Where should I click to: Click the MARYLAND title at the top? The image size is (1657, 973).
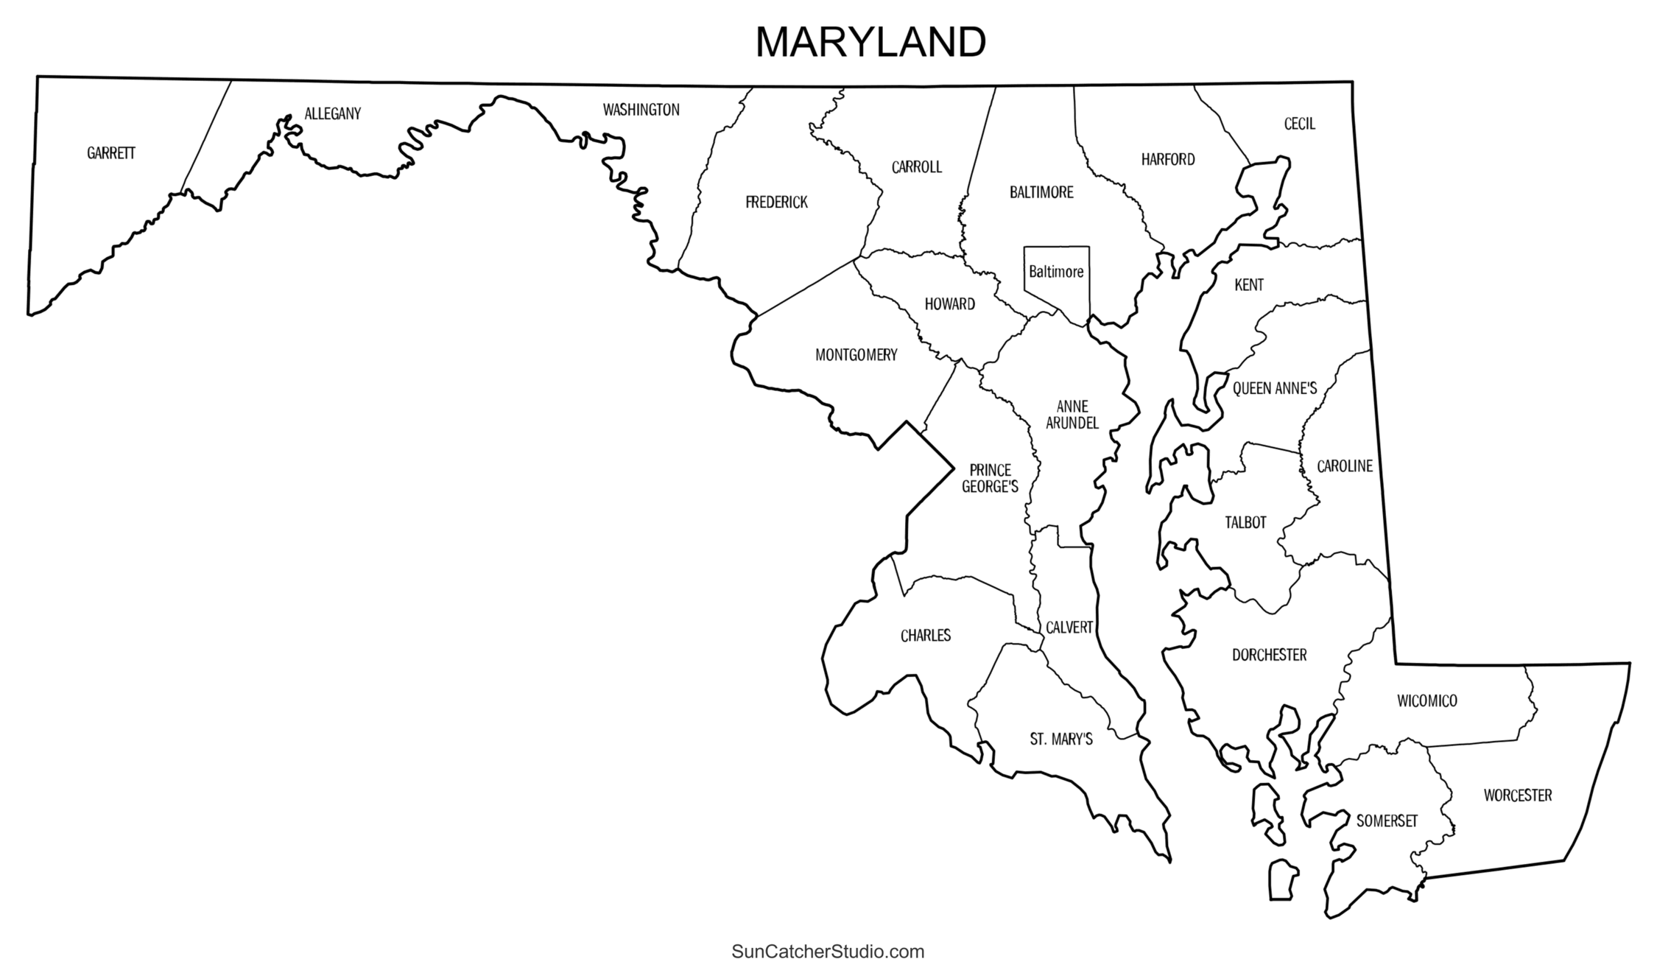pos(870,42)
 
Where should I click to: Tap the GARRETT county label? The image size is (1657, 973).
pos(111,153)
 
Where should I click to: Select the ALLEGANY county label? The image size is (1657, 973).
pos(333,113)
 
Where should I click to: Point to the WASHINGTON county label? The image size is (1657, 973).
pos(641,110)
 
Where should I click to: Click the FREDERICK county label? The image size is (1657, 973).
pos(776,202)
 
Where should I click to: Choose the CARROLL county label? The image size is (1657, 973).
pos(916,167)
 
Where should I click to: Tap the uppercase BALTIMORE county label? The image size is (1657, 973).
pos(1041,192)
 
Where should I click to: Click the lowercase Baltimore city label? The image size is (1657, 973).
pos(1056,272)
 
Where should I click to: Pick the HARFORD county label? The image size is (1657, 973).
pos(1168,159)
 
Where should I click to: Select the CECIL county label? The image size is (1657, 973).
pos(1299,124)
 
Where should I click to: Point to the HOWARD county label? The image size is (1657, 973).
pos(949,304)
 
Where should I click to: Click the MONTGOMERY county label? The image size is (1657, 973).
pos(856,355)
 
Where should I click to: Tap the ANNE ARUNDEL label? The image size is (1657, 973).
pos(1072,415)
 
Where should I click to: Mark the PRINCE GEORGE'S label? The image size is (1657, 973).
pos(990,478)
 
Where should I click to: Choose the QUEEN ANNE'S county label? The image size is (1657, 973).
pos(1274,388)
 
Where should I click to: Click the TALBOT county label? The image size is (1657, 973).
pos(1245,522)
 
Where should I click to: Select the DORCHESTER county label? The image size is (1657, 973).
pos(1269,655)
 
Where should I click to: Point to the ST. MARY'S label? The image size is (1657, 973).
pos(1060,740)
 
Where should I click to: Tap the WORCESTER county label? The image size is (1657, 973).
pos(1517,795)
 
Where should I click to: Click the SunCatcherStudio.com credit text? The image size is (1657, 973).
pos(828,952)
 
